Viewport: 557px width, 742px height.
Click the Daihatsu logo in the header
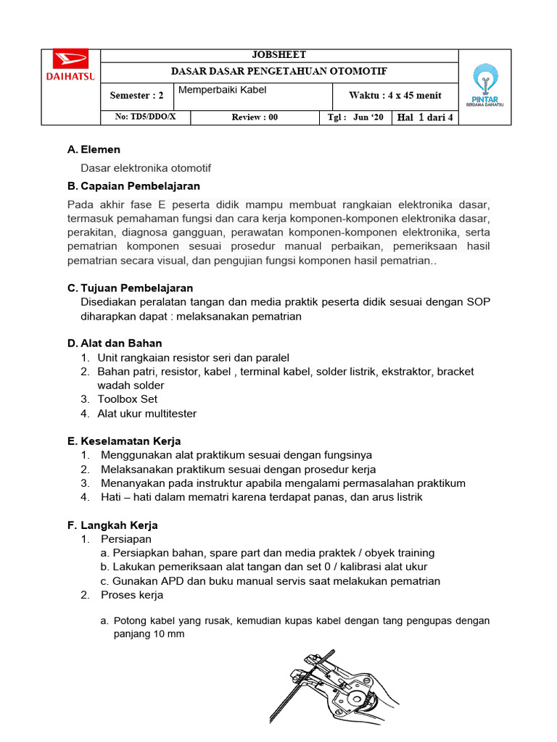70,64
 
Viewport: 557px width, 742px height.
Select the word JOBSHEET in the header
278,55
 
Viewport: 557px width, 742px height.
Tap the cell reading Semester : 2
136,96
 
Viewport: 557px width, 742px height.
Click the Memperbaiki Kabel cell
223,90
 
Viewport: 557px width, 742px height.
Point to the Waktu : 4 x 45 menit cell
395,96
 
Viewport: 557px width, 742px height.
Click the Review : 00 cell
255,117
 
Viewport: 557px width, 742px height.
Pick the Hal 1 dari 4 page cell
424,117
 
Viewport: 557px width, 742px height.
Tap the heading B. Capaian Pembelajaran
133,186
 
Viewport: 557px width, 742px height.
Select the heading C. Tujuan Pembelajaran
130,288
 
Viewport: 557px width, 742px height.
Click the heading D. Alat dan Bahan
115,343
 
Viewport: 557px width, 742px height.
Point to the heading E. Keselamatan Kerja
124,441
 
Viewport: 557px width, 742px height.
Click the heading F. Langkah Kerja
112,525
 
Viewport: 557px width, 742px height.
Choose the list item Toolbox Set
127,399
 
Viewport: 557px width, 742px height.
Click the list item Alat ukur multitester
147,414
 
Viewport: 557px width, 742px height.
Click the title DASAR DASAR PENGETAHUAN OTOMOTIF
278,72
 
